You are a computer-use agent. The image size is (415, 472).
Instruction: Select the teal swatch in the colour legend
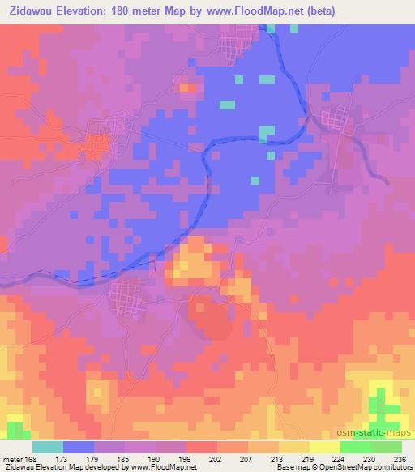point(48,447)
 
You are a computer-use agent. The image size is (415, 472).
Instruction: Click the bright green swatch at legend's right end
point(387,447)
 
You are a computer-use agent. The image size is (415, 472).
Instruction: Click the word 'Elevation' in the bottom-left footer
point(56,467)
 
